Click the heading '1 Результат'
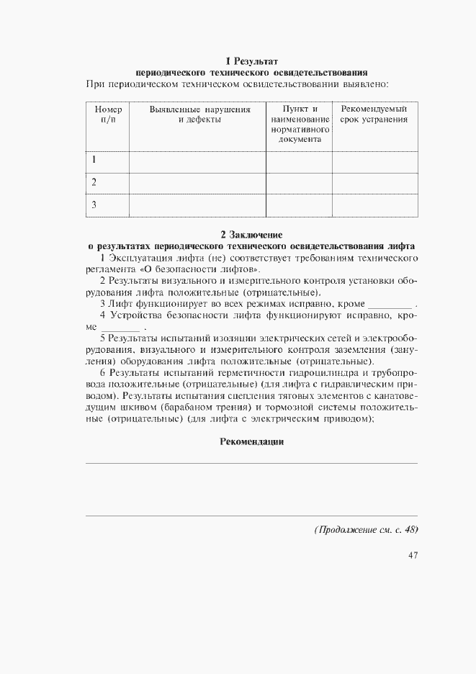point(251,61)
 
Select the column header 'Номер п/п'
point(108,114)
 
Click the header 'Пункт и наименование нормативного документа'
point(300,124)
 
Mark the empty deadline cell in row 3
point(374,205)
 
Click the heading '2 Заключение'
point(251,234)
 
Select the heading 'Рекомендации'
point(251,441)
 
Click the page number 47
point(413,554)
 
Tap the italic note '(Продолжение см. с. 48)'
point(366,529)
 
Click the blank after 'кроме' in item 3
point(389,305)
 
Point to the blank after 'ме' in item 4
point(121,328)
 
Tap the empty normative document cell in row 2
point(299,182)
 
